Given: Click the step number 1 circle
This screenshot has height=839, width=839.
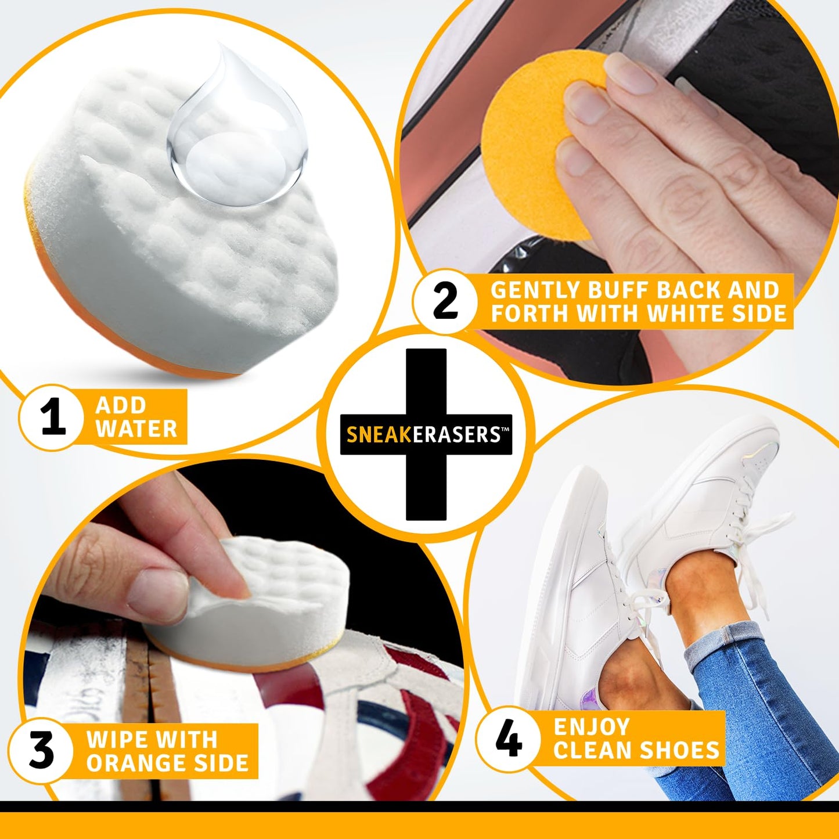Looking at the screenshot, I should coord(52,417).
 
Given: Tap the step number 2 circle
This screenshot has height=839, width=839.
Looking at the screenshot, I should coord(445,302).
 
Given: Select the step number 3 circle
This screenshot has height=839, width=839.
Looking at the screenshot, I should coord(41,750).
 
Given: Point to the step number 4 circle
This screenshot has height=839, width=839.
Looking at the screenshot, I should coord(509,739).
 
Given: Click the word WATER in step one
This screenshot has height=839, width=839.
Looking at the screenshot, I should coord(136,429).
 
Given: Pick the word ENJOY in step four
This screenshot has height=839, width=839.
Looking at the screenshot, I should coord(592,727).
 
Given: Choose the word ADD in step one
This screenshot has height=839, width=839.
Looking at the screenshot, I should coord(120,405).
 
